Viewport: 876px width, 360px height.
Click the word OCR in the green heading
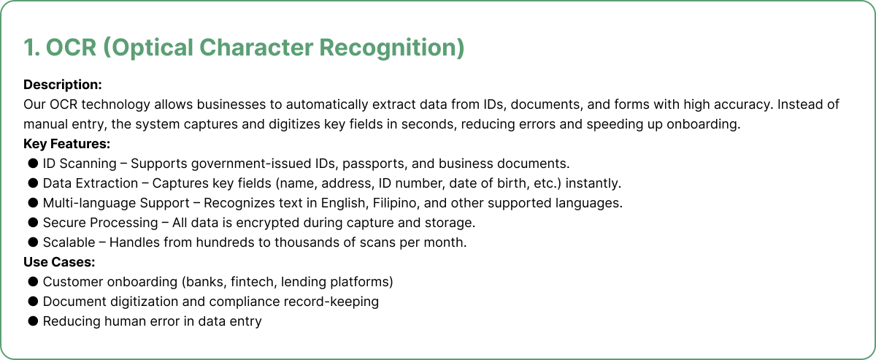(x=72, y=47)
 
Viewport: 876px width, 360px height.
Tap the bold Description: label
(x=63, y=85)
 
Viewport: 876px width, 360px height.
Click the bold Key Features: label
(x=67, y=144)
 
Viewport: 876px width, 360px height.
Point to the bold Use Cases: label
(x=59, y=261)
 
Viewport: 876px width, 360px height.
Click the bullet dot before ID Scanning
(x=33, y=163)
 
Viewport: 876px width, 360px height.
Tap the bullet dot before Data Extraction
(x=33, y=183)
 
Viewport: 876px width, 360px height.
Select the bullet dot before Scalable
(x=33, y=242)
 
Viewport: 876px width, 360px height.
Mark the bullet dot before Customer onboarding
(x=33, y=281)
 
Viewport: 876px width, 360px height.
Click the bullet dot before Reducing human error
(x=33, y=321)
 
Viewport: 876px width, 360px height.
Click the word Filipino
(x=396, y=203)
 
